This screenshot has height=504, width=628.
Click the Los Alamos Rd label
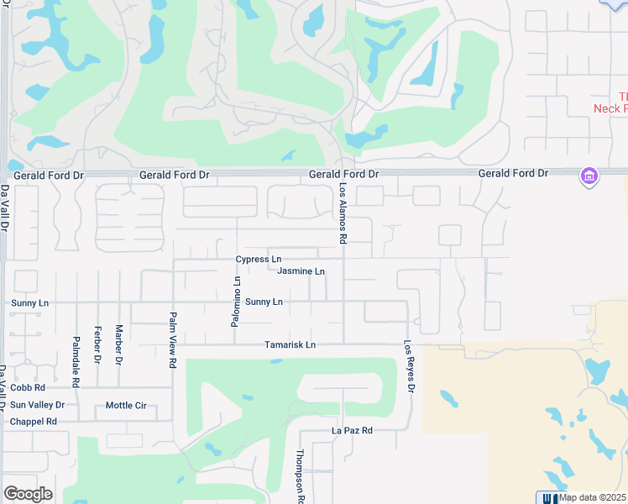tap(343, 213)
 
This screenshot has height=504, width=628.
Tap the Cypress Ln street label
tap(259, 259)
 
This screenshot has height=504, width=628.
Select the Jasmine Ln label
tap(301, 271)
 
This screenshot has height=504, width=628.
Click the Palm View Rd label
tap(173, 340)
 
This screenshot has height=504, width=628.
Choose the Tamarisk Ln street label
tap(290, 344)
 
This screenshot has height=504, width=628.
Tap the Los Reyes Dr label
tap(410, 365)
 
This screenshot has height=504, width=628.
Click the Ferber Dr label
tap(97, 345)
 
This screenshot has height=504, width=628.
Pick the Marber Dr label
tap(119, 344)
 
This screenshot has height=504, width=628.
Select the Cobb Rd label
tap(28, 388)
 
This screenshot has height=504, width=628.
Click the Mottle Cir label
tap(126, 406)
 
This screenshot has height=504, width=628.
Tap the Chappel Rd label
tap(34, 422)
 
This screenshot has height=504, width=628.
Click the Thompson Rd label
tap(300, 476)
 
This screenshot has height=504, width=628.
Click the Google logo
tap(28, 494)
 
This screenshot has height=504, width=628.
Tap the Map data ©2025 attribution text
tap(593, 497)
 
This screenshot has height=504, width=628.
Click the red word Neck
tap(605, 108)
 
